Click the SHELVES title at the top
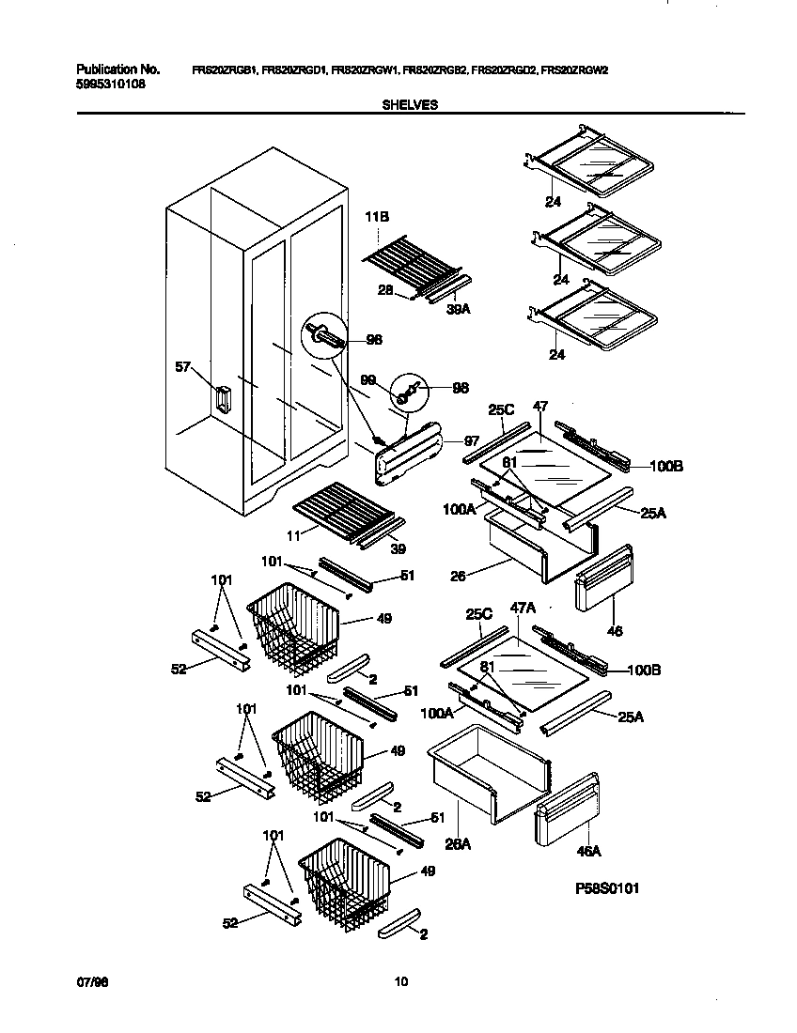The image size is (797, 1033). (x=409, y=106)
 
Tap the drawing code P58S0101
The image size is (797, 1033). (x=608, y=887)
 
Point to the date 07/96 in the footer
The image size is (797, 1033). (x=87, y=982)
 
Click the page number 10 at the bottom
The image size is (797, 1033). (x=400, y=982)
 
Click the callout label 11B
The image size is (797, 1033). (x=376, y=217)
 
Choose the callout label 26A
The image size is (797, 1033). (x=458, y=844)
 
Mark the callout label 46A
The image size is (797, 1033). (x=589, y=852)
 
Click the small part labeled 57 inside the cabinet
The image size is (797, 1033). (x=222, y=399)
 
